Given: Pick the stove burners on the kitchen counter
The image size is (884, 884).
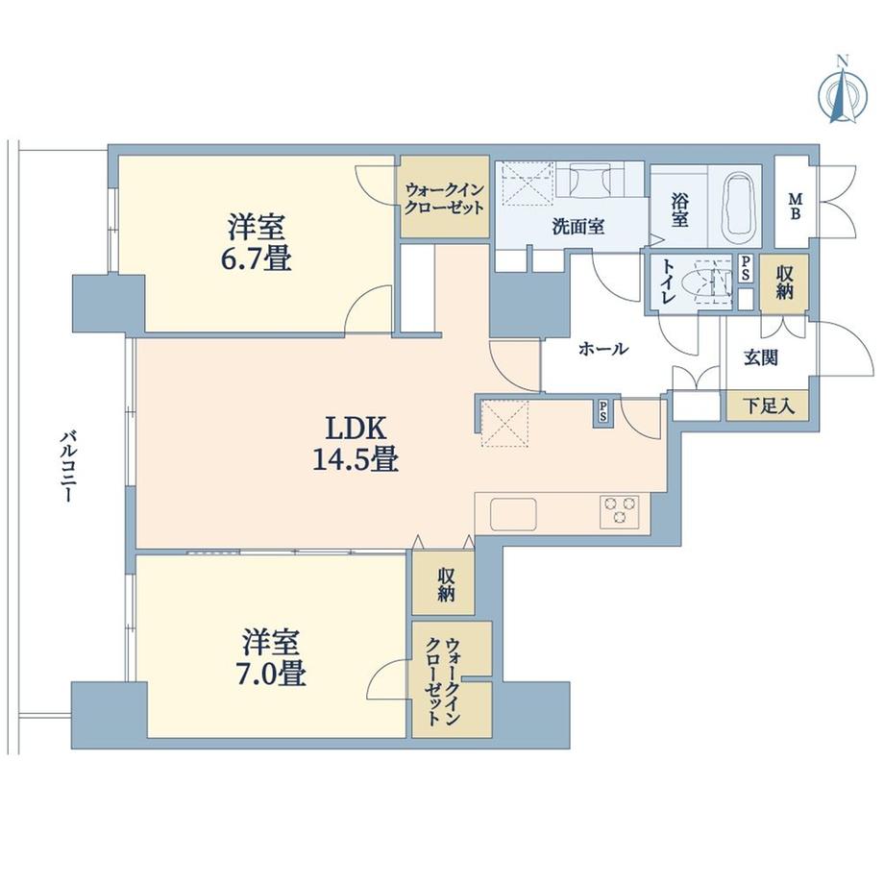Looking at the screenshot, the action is [620, 511].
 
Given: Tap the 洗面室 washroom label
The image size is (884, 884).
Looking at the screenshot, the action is [577, 228].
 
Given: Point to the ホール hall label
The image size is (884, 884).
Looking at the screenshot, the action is [603, 349].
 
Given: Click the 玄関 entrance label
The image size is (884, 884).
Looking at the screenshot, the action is [761, 357].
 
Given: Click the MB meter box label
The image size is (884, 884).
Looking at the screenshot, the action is [796, 205].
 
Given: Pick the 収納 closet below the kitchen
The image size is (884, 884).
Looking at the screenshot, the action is [446, 583].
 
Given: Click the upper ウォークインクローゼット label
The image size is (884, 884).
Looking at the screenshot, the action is [444, 198].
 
